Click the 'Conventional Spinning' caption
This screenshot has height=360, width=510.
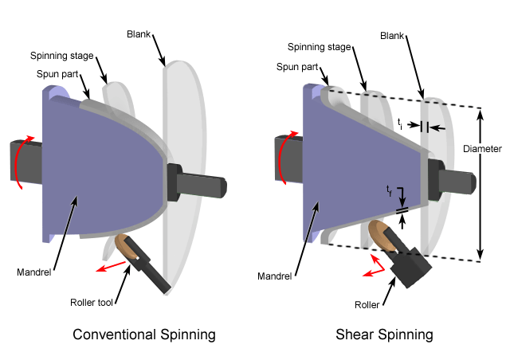click(x=144, y=335)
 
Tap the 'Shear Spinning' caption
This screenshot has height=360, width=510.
click(x=384, y=335)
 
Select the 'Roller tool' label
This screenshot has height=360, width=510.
click(x=92, y=303)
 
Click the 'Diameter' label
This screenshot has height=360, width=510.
click(x=482, y=149)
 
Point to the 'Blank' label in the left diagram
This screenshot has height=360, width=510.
click(x=139, y=34)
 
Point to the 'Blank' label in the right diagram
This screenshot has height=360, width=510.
click(x=392, y=36)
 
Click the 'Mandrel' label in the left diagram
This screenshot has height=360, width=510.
click(x=33, y=272)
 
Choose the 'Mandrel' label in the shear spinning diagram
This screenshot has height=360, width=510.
click(x=274, y=276)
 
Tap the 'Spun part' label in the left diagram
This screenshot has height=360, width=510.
click(x=57, y=74)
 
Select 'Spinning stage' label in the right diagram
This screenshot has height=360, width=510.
click(x=319, y=47)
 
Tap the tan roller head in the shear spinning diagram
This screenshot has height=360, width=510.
click(x=381, y=236)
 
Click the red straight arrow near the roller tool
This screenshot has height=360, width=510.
click(x=111, y=267)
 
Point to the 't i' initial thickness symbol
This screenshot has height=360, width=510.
click(x=400, y=124)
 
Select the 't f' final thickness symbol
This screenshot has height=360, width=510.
click(x=389, y=190)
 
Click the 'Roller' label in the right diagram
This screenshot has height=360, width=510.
click(x=367, y=305)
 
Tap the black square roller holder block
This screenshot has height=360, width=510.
click(x=411, y=268)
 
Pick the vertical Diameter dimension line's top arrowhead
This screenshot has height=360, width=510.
click(x=480, y=112)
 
